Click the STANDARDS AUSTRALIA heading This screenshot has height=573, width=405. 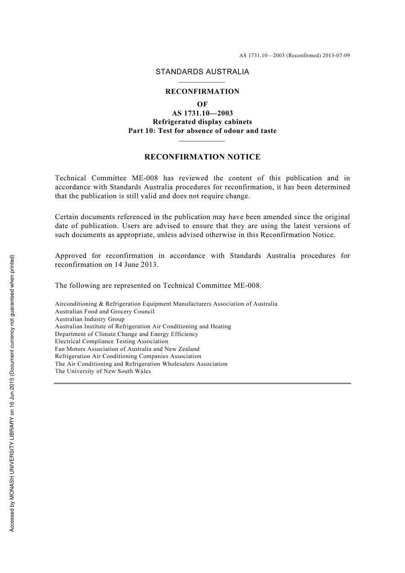tap(202, 72)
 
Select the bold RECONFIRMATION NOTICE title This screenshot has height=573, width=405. tap(202, 157)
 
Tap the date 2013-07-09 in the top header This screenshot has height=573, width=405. tap(336, 55)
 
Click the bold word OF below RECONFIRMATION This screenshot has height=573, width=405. tap(202, 104)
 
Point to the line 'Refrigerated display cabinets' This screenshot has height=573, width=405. tap(202, 122)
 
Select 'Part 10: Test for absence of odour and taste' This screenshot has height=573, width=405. tap(202, 131)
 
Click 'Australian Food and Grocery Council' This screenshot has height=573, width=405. tap(104, 312)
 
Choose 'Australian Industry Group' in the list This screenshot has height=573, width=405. tap(90, 319)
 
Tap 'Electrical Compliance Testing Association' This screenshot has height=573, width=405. tap(111, 341)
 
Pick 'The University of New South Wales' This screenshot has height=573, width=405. tap(103, 371)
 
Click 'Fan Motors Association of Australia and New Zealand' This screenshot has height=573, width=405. tap(127, 349)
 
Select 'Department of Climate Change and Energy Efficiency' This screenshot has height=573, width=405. tap(126, 334)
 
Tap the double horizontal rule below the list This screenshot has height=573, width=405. tap(202, 384)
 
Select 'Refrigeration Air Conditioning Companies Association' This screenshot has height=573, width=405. tap(128, 356)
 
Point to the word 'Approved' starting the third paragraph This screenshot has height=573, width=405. tap(70, 256)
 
